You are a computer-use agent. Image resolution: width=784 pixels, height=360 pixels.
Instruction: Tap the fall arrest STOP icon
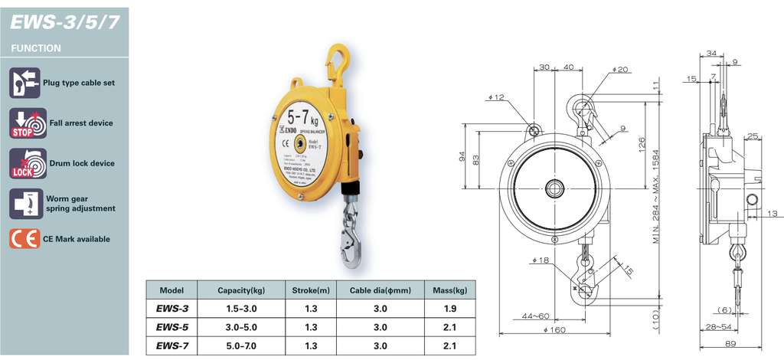[24, 123]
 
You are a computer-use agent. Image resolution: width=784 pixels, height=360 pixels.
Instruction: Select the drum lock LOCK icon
[24, 163]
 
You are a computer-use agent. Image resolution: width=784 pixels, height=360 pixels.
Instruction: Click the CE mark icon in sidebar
[24, 239]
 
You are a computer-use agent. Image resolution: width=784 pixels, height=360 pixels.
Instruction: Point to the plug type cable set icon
[24, 82]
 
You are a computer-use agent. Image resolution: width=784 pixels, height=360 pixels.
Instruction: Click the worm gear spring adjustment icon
[24, 203]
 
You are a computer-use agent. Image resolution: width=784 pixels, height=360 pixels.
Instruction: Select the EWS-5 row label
[171, 327]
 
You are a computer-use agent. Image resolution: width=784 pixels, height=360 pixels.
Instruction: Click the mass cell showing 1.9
[449, 309]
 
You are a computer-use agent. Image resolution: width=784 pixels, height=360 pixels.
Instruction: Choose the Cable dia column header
[380, 290]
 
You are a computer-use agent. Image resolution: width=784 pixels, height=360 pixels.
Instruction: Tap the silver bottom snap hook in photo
[351, 237]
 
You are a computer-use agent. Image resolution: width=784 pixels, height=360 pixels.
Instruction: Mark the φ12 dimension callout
[495, 97]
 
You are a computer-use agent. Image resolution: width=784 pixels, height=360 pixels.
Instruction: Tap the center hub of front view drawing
[554, 188]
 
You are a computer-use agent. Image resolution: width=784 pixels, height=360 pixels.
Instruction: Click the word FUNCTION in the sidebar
[36, 47]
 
